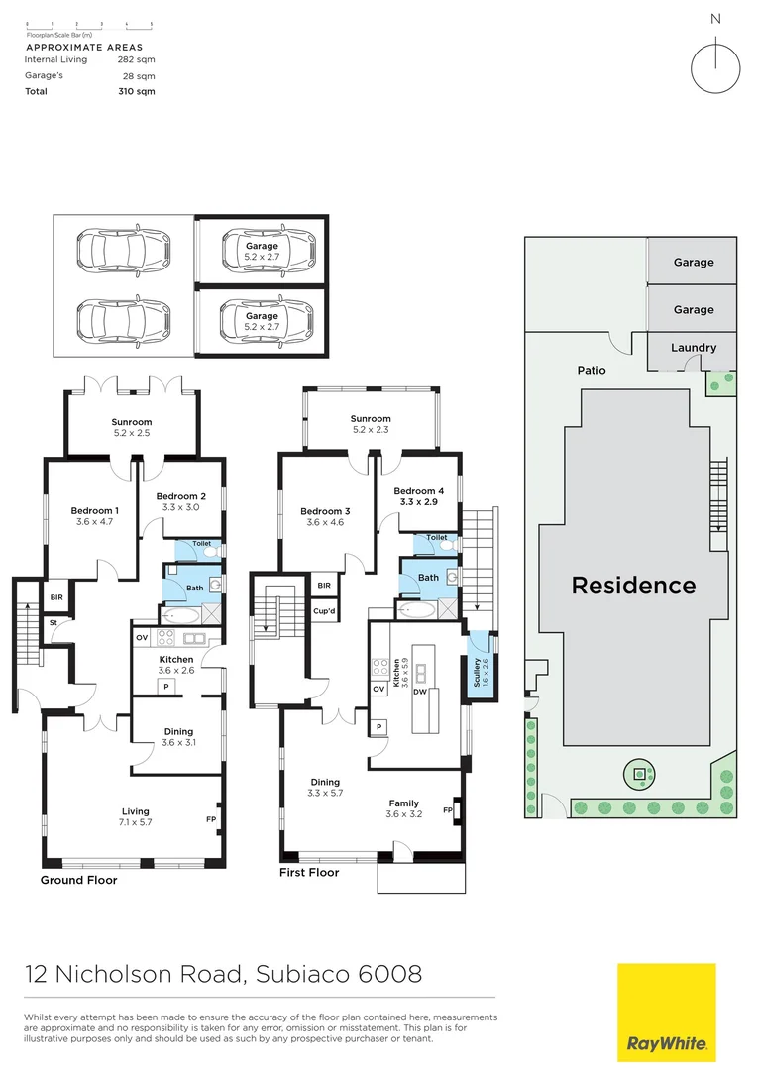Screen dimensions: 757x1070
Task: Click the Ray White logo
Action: pyautogui.click(x=666, y=1013)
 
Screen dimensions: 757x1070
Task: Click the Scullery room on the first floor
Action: pyautogui.click(x=480, y=673)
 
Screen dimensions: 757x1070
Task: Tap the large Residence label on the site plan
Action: pyautogui.click(x=634, y=585)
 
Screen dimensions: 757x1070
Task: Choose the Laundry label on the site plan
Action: pyautogui.click(x=694, y=348)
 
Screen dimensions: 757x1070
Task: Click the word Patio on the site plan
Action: pyautogui.click(x=592, y=370)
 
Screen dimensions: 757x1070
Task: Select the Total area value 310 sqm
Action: pyautogui.click(x=136, y=91)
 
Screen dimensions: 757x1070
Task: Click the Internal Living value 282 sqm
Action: pyautogui.click(x=136, y=59)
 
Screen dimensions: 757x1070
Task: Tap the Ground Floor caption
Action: pyautogui.click(x=78, y=880)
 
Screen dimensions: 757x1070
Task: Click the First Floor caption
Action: pyautogui.click(x=309, y=872)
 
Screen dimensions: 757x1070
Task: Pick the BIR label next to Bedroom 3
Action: pyautogui.click(x=324, y=586)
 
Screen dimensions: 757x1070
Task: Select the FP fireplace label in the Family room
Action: pyautogui.click(x=448, y=811)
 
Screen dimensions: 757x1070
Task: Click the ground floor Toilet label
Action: pyautogui.click(x=201, y=543)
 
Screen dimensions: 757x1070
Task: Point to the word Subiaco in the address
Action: pyautogui.click(x=295, y=974)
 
